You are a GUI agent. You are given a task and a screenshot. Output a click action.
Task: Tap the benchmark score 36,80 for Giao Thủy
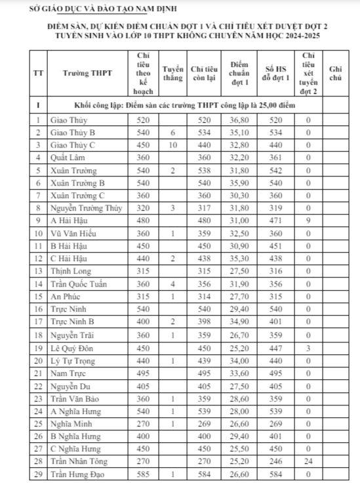pos(241,120)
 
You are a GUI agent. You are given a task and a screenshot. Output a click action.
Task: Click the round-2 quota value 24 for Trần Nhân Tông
pos(308,461)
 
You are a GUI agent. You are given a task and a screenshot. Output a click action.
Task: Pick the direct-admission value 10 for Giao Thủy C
pos(172,145)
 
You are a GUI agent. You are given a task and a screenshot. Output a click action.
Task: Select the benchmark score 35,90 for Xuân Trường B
pos(241,183)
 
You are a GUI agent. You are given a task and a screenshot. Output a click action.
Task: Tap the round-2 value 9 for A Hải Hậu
pos(308,221)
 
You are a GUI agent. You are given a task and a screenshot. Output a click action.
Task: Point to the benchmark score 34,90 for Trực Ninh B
pos(241,322)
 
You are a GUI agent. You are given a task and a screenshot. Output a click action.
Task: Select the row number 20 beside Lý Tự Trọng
pos(39,360)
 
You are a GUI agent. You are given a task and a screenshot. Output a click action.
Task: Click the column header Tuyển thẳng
pos(172,73)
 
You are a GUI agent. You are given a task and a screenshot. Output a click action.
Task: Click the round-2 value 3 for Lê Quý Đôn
pos(308,348)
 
